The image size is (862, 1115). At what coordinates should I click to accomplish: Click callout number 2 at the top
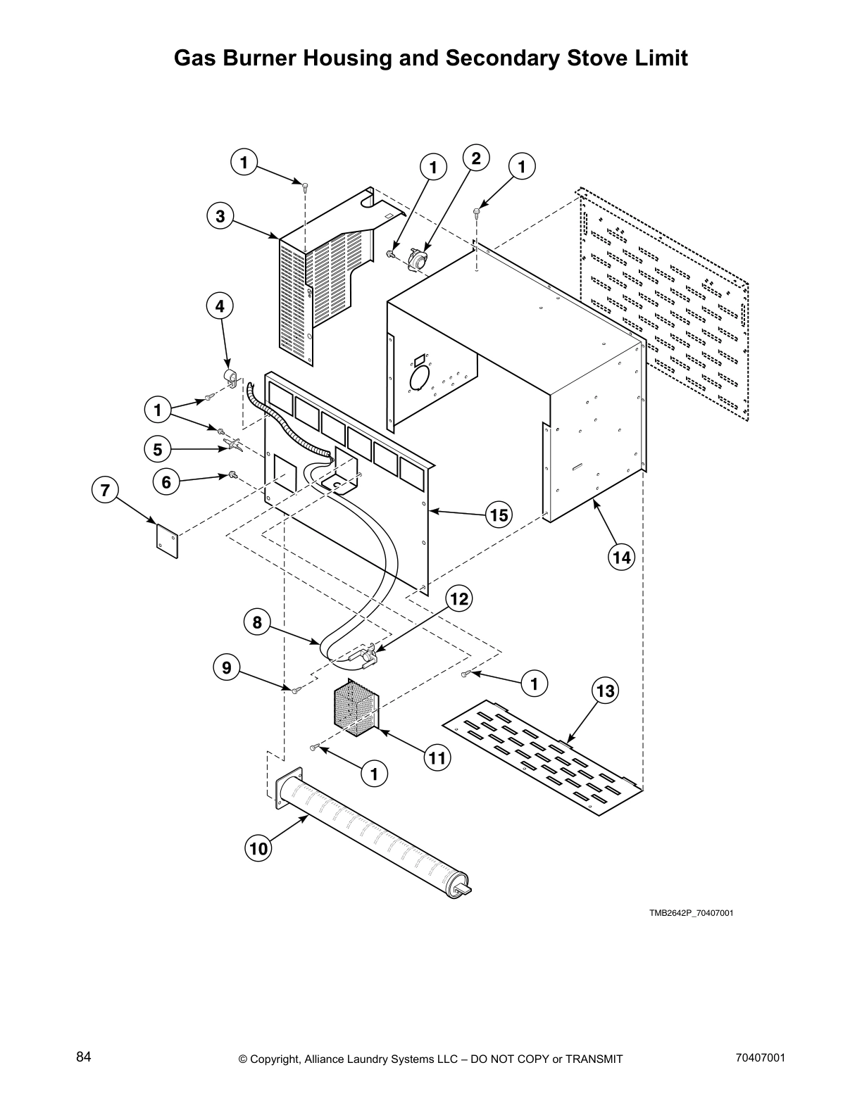click(x=476, y=158)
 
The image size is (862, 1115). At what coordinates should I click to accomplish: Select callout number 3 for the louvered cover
click(x=220, y=216)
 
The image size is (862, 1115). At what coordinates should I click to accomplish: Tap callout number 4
click(x=220, y=306)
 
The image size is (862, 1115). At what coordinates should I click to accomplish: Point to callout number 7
click(x=106, y=490)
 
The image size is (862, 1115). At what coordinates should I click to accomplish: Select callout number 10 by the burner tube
click(x=258, y=848)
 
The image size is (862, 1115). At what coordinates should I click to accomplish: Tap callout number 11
click(x=437, y=757)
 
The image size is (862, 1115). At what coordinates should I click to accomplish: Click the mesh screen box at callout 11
click(x=355, y=707)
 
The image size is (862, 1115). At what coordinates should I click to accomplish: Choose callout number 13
click(x=606, y=691)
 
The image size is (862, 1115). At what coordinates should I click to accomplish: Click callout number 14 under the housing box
click(x=621, y=557)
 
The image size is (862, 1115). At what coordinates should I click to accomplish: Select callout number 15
click(x=499, y=515)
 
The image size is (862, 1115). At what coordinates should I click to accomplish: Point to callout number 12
click(x=458, y=599)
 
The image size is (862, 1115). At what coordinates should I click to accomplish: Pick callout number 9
click(x=227, y=667)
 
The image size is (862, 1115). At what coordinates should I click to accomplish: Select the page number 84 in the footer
click(x=84, y=1057)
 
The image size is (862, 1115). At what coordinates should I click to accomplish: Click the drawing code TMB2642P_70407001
click(x=691, y=913)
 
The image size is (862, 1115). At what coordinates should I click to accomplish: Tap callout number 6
click(x=166, y=482)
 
